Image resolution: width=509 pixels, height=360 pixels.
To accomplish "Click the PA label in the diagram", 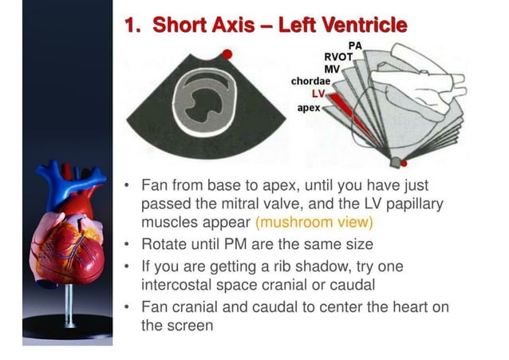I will [x=356, y=46].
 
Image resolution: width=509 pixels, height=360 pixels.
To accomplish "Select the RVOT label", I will [x=339, y=57].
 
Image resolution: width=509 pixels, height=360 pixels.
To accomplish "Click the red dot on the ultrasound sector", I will [x=227, y=54].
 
